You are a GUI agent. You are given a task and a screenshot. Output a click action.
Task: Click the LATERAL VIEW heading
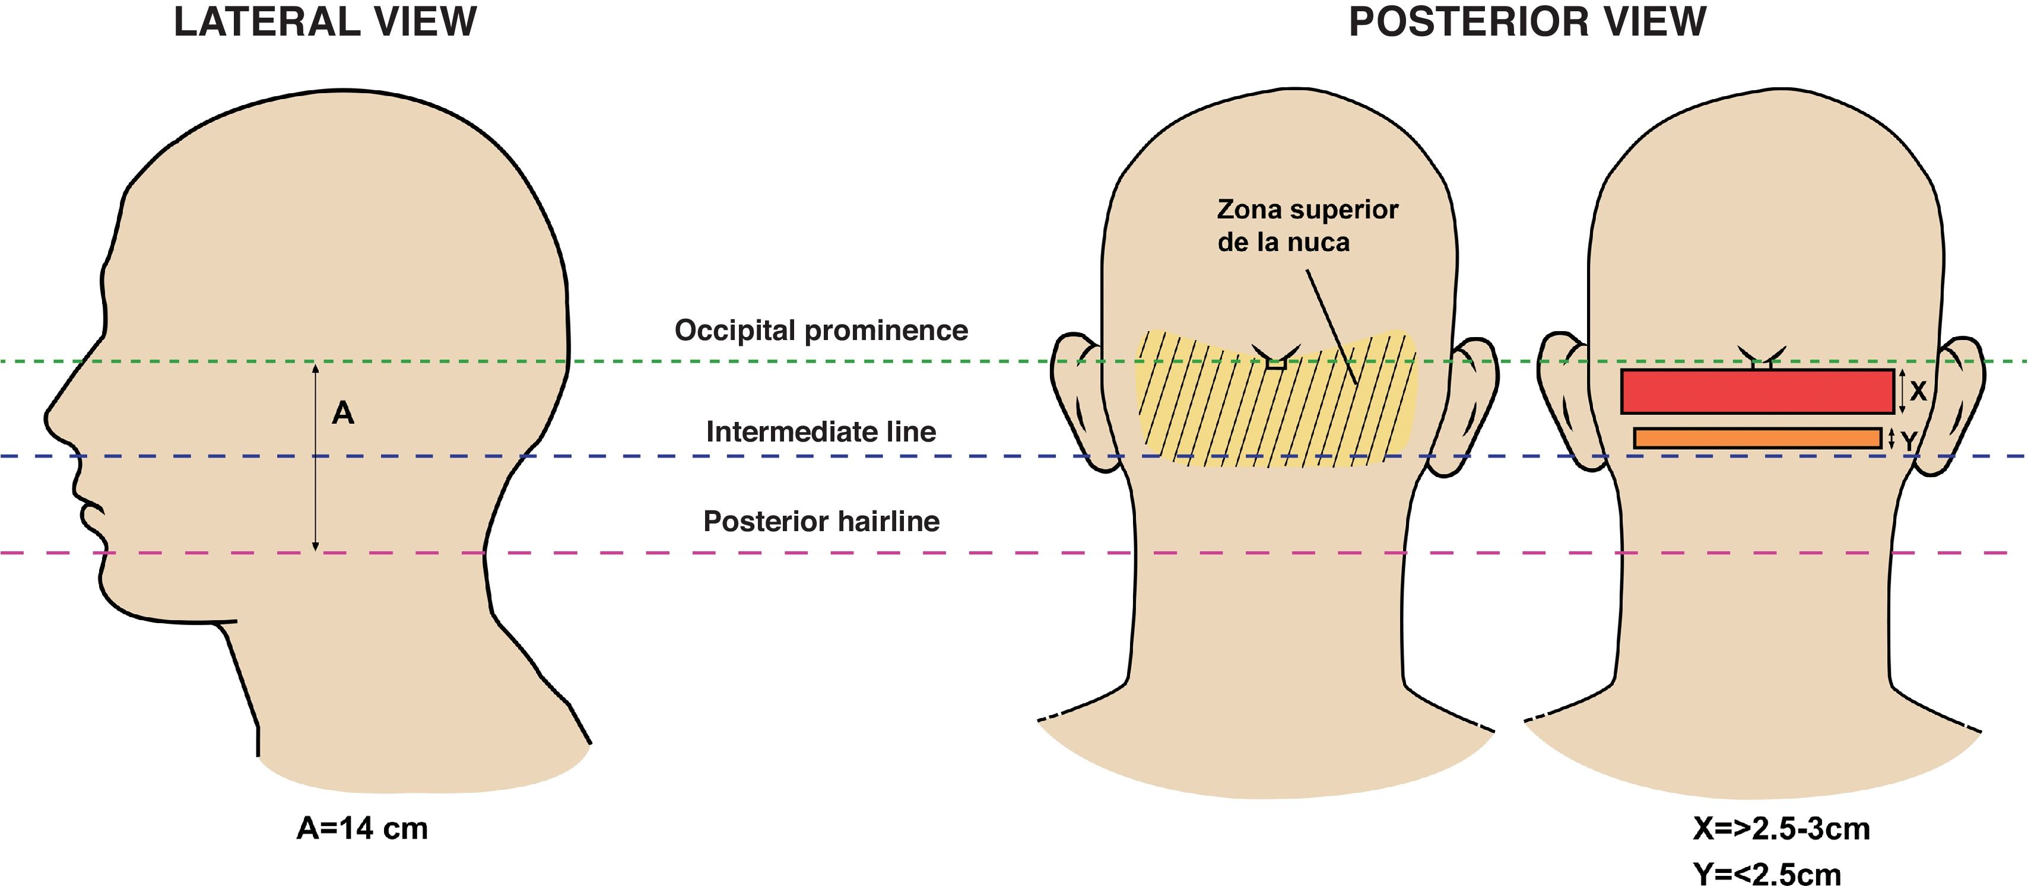click(325, 22)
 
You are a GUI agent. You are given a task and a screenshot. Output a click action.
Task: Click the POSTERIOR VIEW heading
click(1527, 22)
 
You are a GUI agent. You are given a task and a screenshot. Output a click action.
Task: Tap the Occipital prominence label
click(821, 331)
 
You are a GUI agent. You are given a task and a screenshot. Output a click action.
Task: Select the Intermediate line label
click(821, 432)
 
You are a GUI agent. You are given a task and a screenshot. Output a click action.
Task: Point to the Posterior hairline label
click(821, 522)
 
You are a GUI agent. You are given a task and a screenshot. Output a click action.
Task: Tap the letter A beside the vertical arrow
click(343, 413)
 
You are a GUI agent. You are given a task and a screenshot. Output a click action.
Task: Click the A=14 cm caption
click(362, 828)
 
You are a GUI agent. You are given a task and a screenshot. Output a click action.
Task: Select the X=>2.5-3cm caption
click(1781, 828)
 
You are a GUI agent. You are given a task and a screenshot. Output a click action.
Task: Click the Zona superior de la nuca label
click(1307, 226)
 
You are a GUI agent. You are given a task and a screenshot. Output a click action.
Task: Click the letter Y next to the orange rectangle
click(1908, 442)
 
